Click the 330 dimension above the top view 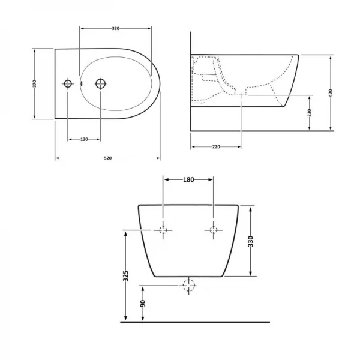116,28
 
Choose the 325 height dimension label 125,275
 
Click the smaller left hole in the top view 68,83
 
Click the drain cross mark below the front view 190,287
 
